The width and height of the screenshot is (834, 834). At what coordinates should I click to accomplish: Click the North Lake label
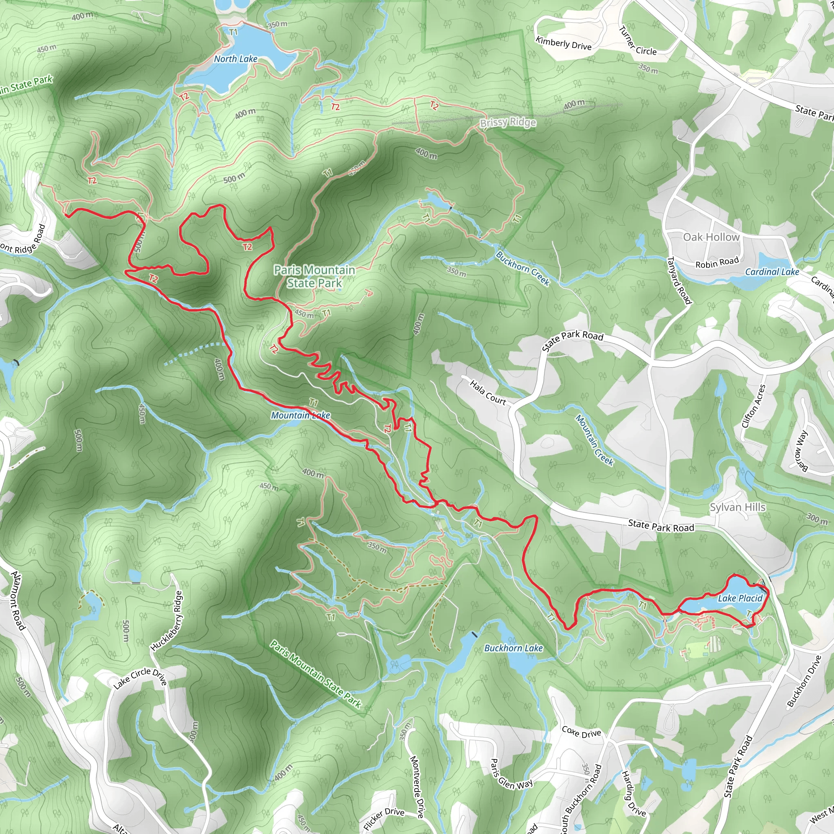tap(236, 59)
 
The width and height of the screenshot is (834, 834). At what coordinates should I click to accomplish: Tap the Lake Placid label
tap(740, 598)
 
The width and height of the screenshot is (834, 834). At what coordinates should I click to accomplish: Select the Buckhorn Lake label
tap(513, 648)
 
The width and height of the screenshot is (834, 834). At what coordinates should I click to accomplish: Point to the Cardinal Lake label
tap(772, 272)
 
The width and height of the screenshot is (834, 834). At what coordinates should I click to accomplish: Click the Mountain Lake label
tap(301, 415)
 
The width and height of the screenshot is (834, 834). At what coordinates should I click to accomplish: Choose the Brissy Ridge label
tap(508, 123)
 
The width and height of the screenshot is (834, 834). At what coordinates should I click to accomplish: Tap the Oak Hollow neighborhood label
tap(711, 237)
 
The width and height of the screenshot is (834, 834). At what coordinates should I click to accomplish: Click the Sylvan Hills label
tap(738, 507)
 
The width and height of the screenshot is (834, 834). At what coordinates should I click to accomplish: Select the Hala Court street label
tap(488, 393)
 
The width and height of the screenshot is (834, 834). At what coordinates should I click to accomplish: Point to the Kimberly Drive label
tap(563, 43)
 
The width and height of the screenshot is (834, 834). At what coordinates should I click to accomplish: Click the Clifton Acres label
tap(754, 406)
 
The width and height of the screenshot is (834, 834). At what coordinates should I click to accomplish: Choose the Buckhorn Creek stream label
tap(523, 268)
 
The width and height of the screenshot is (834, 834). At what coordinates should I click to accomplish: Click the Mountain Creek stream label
tap(595, 440)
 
